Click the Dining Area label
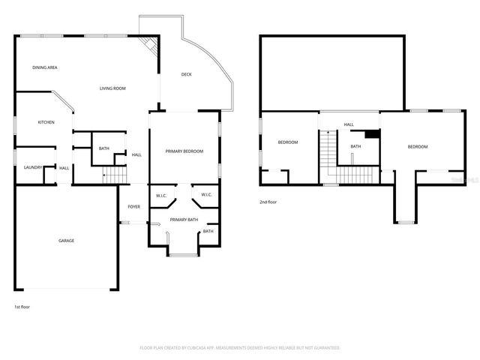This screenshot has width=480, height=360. point(45,67)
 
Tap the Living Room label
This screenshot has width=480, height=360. point(112,88)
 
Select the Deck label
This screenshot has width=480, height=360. point(187,74)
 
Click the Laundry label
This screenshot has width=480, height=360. point(31,167)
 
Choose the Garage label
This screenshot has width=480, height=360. point(67,240)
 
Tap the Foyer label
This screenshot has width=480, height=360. point(133,206)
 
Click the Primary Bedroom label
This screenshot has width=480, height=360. point(184,151)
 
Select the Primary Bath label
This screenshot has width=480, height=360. point(184,219)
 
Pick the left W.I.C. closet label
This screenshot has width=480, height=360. point(161,196)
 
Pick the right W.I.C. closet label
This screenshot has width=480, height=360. point(206,196)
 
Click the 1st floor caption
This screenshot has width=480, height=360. point(22,307)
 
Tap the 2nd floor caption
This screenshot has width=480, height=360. point(268,202)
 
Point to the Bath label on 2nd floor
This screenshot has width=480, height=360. point(355,146)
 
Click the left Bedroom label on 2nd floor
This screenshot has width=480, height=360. point(288,142)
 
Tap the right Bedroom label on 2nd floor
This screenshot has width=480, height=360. point(417,146)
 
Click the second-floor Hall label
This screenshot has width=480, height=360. point(349,124)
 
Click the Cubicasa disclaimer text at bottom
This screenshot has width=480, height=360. point(240,348)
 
